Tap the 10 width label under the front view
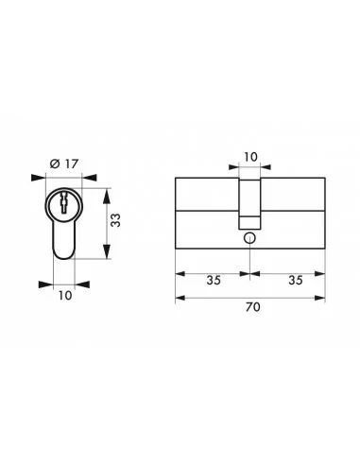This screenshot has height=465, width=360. point(62,295)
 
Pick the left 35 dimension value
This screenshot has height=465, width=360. point(213,280)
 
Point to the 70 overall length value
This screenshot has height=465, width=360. point(250,306)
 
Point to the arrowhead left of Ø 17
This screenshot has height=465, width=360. point(38,176)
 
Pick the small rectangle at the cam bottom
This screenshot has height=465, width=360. point(249,222)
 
